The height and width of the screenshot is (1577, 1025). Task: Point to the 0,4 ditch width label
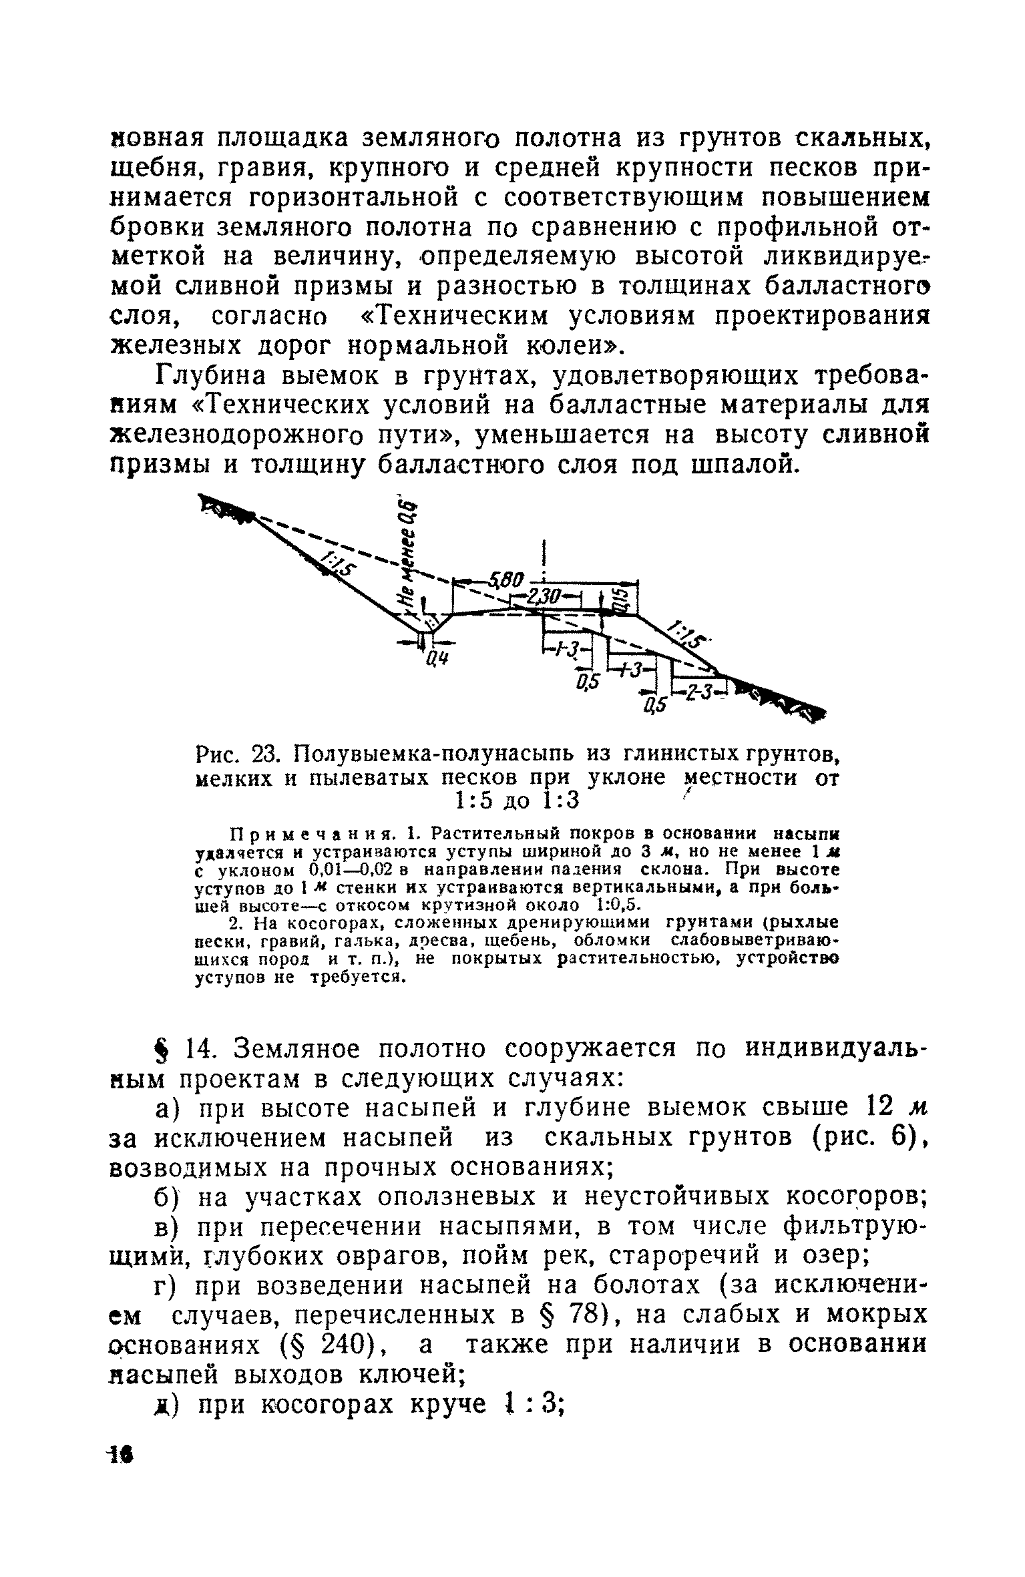pos(437,660)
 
